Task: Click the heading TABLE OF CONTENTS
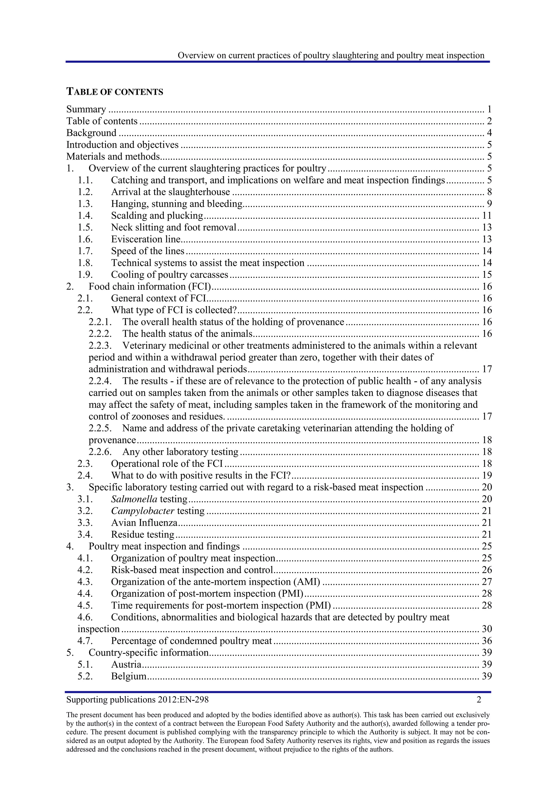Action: tap(115, 92)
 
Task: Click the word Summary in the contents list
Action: tap(86, 109)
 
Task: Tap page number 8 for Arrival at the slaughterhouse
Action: tap(489, 192)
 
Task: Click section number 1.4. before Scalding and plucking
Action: tap(85, 216)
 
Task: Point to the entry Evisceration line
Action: tap(146, 239)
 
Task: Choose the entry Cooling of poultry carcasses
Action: tap(169, 275)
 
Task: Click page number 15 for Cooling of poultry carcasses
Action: tap(487, 275)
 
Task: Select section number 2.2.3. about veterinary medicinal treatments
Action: tap(100, 346)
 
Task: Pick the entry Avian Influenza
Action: tap(144, 523)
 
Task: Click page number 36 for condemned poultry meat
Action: tap(487, 641)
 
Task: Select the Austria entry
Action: tap(126, 664)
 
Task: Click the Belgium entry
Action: tap(129, 676)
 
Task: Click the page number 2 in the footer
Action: tap(479, 700)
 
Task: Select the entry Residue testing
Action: tap(143, 535)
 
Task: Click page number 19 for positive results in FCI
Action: tap(487, 476)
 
